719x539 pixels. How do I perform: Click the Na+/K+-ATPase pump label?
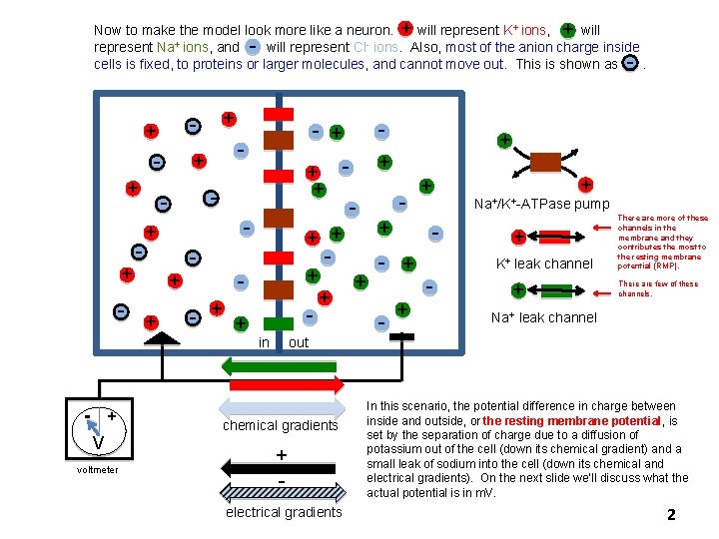pos(541,205)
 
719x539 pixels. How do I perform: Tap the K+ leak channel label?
pos(544,265)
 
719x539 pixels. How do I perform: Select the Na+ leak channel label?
pos(544,317)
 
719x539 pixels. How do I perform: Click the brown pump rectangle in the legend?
pos(545,162)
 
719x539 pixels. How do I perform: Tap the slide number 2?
pos(671,515)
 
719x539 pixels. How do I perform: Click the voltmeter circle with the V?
pos(99,430)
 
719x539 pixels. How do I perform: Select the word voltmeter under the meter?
pos(97,470)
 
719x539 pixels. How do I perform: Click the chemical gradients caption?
pos(281,426)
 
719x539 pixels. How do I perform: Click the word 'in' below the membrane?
pos(265,342)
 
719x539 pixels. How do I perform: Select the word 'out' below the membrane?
pos(299,342)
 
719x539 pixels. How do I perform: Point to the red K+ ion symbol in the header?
pos(406,30)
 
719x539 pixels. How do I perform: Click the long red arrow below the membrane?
pos(281,385)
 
